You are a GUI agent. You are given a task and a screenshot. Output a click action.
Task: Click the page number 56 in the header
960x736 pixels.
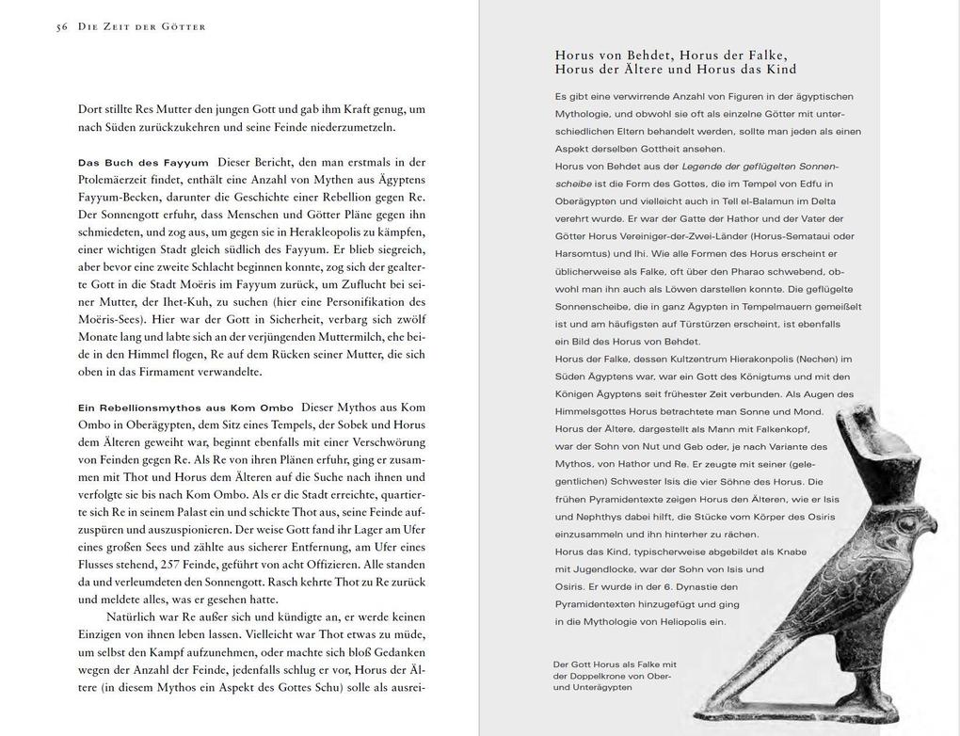63,26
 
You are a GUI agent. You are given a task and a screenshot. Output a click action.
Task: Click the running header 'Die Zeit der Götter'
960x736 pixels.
141,26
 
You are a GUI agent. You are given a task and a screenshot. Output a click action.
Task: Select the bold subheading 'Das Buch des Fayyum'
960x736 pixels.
143,163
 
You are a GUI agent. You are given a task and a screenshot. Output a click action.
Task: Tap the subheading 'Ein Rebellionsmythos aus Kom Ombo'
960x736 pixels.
184,408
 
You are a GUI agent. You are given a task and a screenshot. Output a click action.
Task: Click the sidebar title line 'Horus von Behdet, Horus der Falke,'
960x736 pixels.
671,55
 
